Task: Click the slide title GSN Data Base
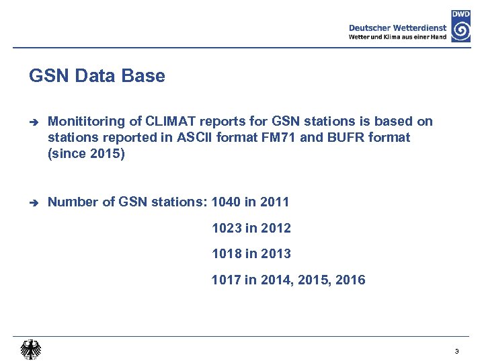pyautogui.click(x=97, y=76)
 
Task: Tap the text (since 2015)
pyautogui.click(x=86, y=154)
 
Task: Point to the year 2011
pyautogui.click(x=274, y=202)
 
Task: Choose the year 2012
pyautogui.click(x=276, y=228)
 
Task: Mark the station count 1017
pyautogui.click(x=227, y=280)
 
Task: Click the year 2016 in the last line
pyautogui.click(x=350, y=280)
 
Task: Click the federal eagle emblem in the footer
pyautogui.click(x=30, y=350)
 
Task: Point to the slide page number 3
pyautogui.click(x=456, y=351)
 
